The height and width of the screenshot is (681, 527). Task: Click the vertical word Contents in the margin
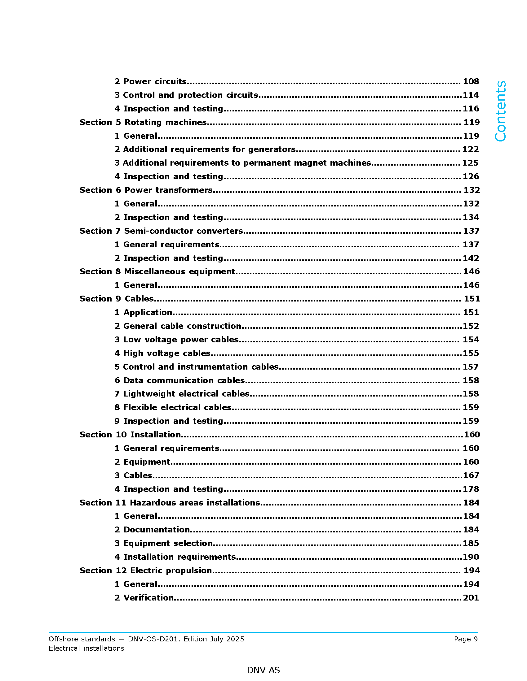pos(500,111)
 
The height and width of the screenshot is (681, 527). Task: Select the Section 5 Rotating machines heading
pos(143,122)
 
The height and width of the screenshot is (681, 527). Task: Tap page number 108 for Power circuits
pos(471,81)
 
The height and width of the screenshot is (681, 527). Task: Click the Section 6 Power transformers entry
pos(146,190)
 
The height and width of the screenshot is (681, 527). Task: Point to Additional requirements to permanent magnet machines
pos(243,163)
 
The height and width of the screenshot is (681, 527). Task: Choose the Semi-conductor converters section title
pos(161,231)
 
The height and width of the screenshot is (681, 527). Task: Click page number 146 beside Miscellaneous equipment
pos(471,271)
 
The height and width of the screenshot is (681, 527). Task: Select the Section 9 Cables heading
pos(117,299)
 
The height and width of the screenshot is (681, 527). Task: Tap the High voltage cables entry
pos(162,353)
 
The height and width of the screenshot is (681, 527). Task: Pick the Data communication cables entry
pos(179,380)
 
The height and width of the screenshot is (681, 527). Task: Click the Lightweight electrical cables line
pos(182,394)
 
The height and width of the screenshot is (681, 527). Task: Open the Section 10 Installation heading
pos(130,435)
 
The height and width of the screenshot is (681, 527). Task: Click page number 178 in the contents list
pos(471,489)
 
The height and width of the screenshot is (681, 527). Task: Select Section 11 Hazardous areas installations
pos(170,503)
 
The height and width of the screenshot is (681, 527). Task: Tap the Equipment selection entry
pos(164,543)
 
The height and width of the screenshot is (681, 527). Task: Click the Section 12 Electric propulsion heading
pos(145,570)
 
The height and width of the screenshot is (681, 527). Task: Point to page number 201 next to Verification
pos(471,597)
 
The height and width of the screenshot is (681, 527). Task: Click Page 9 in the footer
pos(466,639)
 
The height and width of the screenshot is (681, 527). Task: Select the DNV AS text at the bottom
pos(263,670)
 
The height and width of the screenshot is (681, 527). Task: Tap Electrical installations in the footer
pos(86,648)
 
